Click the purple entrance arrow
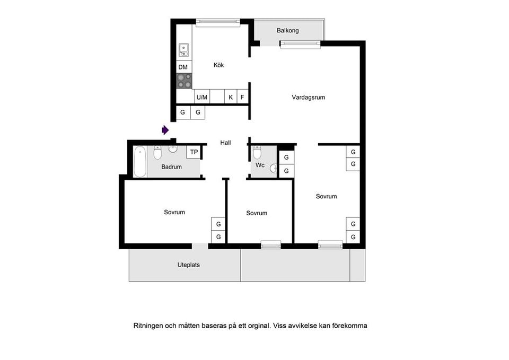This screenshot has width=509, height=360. (x=165, y=130)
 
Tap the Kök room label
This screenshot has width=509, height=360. (x=219, y=65)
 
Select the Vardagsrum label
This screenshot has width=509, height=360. (x=309, y=98)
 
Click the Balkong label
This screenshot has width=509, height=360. (x=287, y=31)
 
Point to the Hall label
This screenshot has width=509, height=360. (x=226, y=143)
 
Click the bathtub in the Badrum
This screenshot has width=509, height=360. (x=140, y=162)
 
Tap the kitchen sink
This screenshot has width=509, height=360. (x=184, y=50)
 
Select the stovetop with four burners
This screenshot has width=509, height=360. (x=184, y=81)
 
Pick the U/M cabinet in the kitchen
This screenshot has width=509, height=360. (x=202, y=97)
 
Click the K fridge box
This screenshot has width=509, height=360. (x=231, y=97)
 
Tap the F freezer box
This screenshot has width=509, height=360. (x=242, y=97)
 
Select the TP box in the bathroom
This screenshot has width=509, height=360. (x=194, y=152)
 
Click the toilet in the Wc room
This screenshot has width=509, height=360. (x=257, y=153)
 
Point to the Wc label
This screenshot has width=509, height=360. (x=260, y=165)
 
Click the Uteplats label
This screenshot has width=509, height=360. (x=189, y=265)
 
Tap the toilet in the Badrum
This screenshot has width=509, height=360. (x=157, y=153)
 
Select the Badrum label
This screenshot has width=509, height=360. (x=171, y=167)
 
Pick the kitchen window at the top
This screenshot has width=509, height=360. (x=218, y=22)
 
